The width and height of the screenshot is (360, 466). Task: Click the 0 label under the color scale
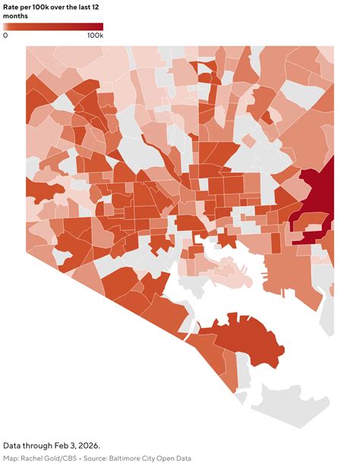(5, 36)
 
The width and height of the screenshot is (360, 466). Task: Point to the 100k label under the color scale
(94, 36)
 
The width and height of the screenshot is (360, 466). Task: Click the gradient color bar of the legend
(52, 27)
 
